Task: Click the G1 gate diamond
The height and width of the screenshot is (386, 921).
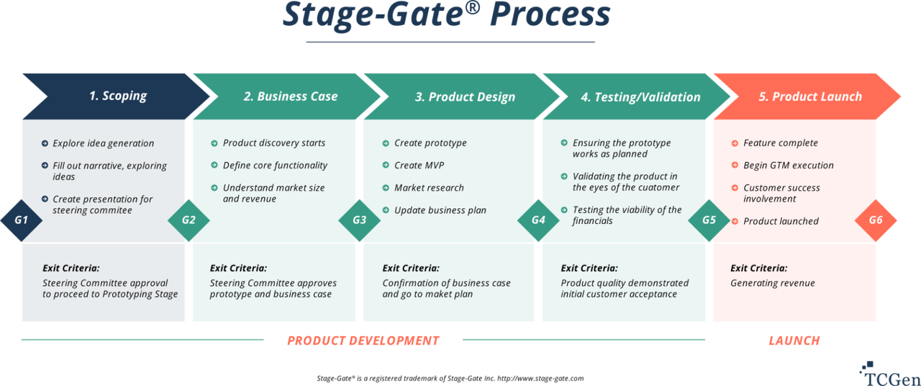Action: [x=21, y=218]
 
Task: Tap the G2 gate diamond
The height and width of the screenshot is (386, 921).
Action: [x=189, y=219]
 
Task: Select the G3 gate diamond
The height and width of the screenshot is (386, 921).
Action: [x=359, y=219]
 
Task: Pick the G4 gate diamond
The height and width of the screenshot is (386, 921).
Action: [x=538, y=219]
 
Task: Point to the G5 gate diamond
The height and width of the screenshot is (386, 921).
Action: [x=709, y=219]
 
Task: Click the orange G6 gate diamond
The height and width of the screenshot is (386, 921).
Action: [x=876, y=219]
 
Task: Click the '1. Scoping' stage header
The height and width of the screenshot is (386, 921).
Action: [x=117, y=96]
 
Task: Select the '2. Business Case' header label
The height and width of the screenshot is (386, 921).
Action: [x=290, y=96]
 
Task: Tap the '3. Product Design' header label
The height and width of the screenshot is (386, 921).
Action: [x=465, y=97]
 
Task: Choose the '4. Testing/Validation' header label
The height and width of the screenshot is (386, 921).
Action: [x=640, y=97]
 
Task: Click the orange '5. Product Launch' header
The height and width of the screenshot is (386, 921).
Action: [x=809, y=96]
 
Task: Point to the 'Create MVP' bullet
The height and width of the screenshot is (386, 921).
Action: [x=419, y=166]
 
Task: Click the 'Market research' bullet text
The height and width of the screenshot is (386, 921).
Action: [x=429, y=188]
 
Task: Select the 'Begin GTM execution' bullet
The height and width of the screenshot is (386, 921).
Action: [x=788, y=166]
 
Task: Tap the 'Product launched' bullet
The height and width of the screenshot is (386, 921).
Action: [x=781, y=221]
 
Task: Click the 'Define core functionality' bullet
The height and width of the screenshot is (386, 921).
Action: [x=275, y=166]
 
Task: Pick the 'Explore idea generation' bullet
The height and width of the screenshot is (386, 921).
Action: [x=103, y=143]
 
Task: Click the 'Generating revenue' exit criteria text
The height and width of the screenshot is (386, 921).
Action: [x=773, y=283]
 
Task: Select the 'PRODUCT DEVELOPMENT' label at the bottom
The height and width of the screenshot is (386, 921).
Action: [x=363, y=341]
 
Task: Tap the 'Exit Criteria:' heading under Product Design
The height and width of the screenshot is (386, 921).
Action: [x=411, y=268]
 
